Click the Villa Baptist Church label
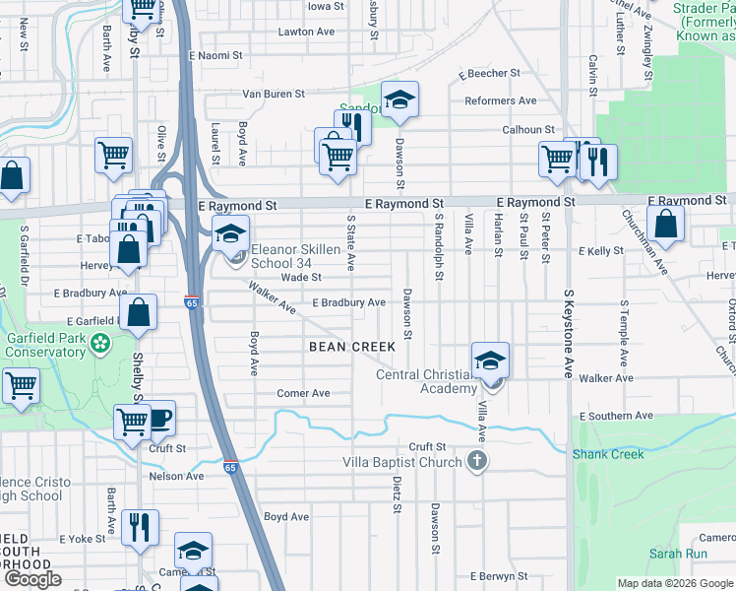click(401, 462)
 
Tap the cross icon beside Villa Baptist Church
click(476, 461)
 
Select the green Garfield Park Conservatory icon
click(99, 344)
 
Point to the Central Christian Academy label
click(426, 381)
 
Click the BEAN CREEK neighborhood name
click(352, 347)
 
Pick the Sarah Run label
click(678, 555)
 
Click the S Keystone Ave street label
click(569, 335)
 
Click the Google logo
click(33, 579)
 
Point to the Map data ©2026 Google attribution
click(676, 583)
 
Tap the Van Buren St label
click(275, 95)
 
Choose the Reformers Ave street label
click(501, 100)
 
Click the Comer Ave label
click(303, 393)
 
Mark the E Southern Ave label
click(617, 417)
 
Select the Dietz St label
click(397, 495)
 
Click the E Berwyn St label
click(499, 576)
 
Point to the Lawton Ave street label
click(306, 32)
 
